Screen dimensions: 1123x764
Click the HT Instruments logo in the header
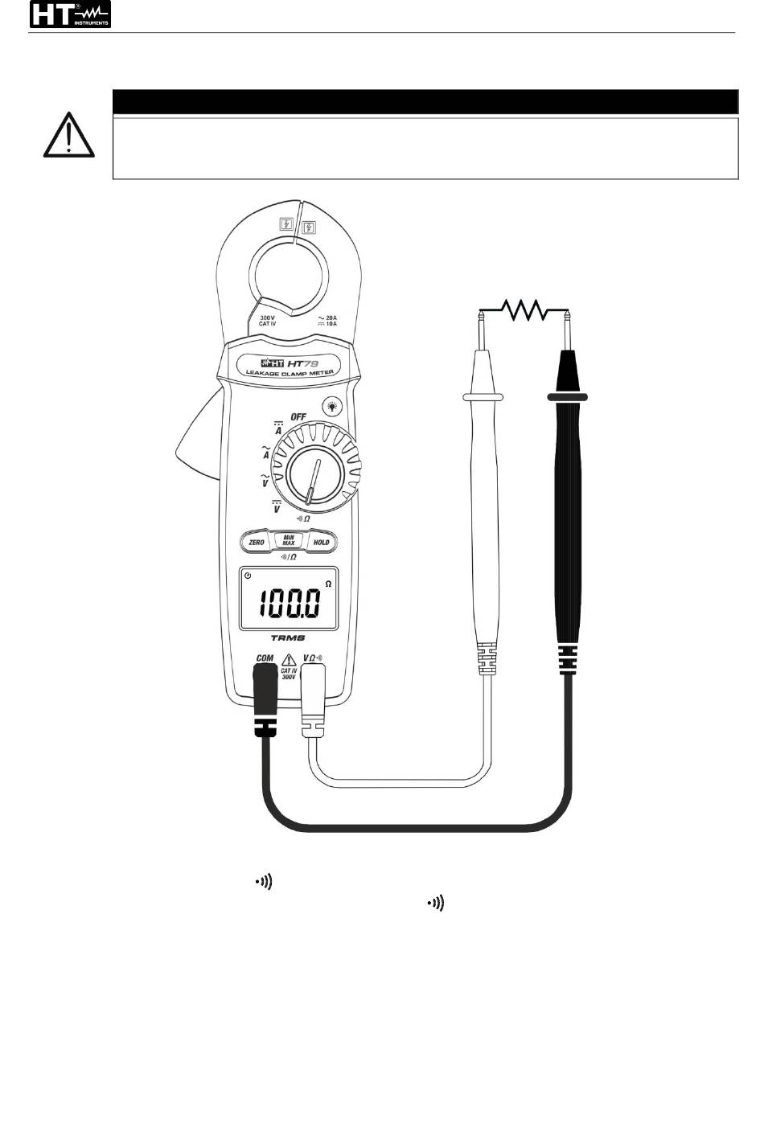click(x=70, y=14)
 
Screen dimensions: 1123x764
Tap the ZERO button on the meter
click(x=257, y=543)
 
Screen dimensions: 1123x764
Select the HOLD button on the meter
click(x=321, y=543)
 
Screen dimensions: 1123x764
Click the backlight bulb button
click(x=331, y=407)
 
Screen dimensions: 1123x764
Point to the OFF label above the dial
click(x=298, y=416)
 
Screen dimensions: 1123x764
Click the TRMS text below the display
click(x=288, y=637)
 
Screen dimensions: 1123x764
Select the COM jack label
click(x=265, y=658)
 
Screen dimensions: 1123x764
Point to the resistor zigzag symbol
click(x=524, y=309)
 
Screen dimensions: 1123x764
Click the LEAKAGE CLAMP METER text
click(x=290, y=371)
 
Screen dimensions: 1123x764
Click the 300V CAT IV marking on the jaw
click(x=269, y=321)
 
